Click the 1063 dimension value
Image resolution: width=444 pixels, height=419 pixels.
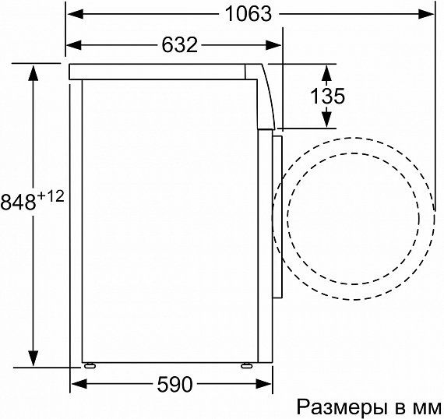click(x=248, y=14)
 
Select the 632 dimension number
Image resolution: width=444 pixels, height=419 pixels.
click(x=179, y=44)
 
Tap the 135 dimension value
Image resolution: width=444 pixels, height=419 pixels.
click(x=328, y=96)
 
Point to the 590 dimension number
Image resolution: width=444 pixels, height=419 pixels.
click(x=174, y=384)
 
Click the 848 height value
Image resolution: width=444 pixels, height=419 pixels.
click(x=19, y=202)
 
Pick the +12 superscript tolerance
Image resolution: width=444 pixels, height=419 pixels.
click(x=51, y=196)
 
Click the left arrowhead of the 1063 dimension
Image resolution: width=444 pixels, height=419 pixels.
click(x=75, y=14)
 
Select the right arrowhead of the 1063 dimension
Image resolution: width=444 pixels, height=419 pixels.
click(x=426, y=14)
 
